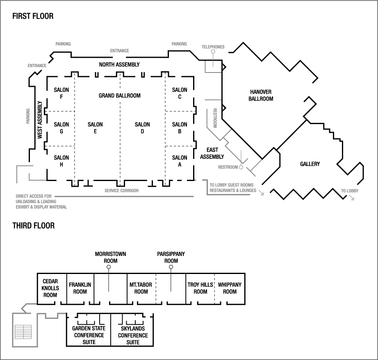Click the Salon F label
(61, 93)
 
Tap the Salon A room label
(180, 161)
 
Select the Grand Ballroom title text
(119, 95)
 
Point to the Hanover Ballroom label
(260, 95)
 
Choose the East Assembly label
(212, 153)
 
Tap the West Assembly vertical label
(40, 121)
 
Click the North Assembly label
(119, 65)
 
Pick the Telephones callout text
(213, 47)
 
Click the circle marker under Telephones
(213, 52)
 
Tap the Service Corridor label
(121, 190)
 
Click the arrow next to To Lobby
(351, 198)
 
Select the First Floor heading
(33, 16)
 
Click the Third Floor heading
(33, 225)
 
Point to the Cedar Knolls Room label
(50, 288)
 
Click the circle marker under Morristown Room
(109, 267)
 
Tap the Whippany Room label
(230, 288)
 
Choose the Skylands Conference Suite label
(133, 335)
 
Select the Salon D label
(142, 128)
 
